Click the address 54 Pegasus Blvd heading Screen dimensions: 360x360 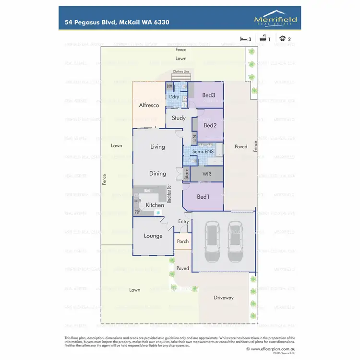point(117,22)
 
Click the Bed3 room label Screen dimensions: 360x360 point(209,96)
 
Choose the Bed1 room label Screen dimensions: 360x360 point(203,197)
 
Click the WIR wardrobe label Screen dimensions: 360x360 point(207,173)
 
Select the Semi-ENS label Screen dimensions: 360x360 point(203,152)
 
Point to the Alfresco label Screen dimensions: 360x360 point(149,105)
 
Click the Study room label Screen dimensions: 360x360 point(179,118)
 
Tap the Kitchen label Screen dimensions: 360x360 point(155,205)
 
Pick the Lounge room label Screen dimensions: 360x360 point(153,236)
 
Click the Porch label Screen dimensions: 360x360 point(183,241)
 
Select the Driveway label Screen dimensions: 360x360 point(224,298)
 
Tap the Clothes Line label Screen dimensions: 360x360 point(181,72)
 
